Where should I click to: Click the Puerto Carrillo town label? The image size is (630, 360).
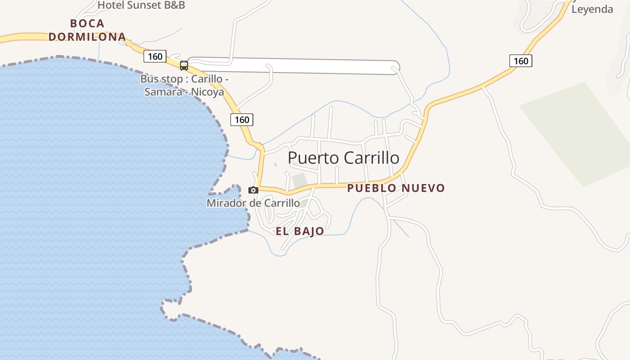click(x=343, y=158)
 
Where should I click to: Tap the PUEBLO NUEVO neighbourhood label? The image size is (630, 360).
click(x=396, y=188)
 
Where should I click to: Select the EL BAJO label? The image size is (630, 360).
click(x=300, y=231)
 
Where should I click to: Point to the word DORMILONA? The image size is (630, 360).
click(x=87, y=37)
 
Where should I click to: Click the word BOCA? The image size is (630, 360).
click(x=87, y=23)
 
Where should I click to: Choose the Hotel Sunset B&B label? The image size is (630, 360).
click(x=141, y=5)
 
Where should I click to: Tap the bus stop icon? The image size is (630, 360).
click(x=184, y=66)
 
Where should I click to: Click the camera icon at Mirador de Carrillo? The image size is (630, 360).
click(x=253, y=190)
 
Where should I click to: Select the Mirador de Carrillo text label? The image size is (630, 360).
click(x=253, y=203)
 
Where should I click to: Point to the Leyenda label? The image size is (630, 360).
click(x=592, y=9)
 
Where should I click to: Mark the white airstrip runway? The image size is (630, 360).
click(x=292, y=66)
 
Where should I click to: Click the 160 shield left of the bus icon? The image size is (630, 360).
click(x=155, y=56)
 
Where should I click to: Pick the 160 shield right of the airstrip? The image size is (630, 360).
click(x=521, y=61)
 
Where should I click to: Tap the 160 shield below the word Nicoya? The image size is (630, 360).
click(x=242, y=120)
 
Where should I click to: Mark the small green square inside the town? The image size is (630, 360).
click(x=299, y=180)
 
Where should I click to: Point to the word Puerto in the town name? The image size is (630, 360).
click(x=313, y=158)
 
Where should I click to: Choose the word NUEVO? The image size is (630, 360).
click(x=423, y=188)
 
